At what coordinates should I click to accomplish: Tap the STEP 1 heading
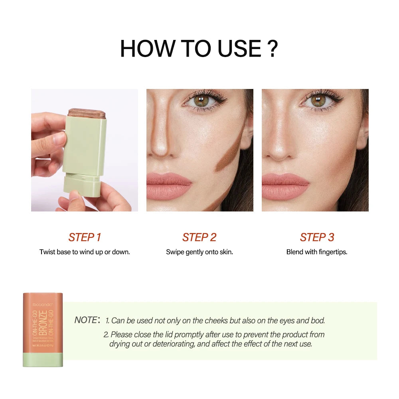click(85, 237)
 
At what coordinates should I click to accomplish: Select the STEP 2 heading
click(199, 237)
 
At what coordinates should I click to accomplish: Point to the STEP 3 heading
click(317, 237)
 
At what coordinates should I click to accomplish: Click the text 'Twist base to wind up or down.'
click(85, 252)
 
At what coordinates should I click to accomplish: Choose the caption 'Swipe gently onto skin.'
click(199, 252)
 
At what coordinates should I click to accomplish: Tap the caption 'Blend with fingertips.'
click(317, 252)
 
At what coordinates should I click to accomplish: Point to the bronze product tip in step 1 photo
click(87, 113)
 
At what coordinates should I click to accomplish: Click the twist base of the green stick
click(82, 185)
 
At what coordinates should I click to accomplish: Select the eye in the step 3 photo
click(318, 101)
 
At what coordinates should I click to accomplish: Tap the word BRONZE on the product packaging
click(43, 322)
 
